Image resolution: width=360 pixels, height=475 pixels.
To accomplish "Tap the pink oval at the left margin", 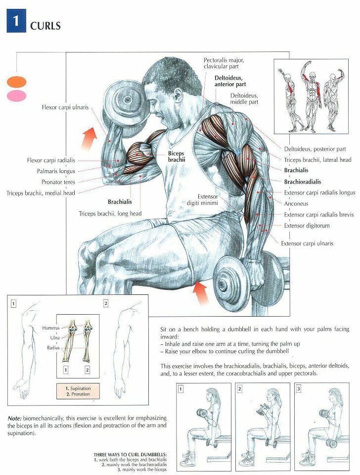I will (x=16, y=95).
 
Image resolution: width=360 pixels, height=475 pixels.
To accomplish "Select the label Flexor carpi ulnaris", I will (x=64, y=107).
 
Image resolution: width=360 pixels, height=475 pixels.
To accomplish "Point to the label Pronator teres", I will (x=58, y=182).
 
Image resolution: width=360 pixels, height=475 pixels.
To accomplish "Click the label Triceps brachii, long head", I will (x=110, y=214).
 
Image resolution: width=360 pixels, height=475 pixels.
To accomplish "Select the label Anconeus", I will (x=296, y=203).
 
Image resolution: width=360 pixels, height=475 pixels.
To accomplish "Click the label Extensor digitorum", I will (x=307, y=226).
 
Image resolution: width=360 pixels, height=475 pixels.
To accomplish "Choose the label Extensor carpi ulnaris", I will (x=307, y=243).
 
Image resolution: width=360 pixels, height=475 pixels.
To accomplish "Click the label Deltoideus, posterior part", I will (x=315, y=149).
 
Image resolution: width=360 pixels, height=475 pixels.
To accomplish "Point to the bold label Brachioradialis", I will (x=303, y=182).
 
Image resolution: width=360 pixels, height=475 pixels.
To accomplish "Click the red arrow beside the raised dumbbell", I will (x=89, y=138).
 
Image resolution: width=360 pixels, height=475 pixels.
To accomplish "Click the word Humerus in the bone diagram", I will (x=50, y=328).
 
